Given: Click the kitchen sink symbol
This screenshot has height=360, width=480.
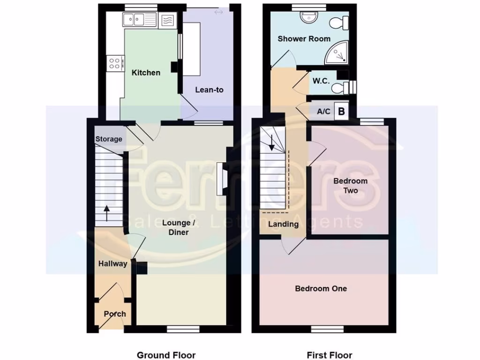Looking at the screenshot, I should pyautogui.click(x=139, y=20).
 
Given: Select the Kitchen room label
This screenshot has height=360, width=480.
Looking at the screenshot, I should pyautogui.click(x=146, y=73).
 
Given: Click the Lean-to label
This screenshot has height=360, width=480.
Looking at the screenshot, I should pyautogui.click(x=210, y=90).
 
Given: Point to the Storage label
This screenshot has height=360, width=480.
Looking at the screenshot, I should pyautogui.click(x=109, y=139).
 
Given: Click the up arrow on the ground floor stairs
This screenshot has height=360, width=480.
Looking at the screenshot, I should pyautogui.click(x=107, y=213).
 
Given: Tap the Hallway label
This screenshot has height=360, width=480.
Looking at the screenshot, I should pyautogui.click(x=112, y=264).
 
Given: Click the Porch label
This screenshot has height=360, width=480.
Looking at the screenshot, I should pyautogui.click(x=115, y=314).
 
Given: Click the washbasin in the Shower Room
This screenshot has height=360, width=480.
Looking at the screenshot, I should pyautogui.click(x=308, y=18).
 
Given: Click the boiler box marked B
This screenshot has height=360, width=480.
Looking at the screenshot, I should pyautogui.click(x=342, y=112).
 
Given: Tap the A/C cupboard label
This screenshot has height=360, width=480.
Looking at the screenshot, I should pyautogui.click(x=324, y=112).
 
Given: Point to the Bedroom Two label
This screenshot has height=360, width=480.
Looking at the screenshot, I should pyautogui.click(x=350, y=186).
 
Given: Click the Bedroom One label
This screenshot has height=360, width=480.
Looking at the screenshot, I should pyautogui.click(x=321, y=288).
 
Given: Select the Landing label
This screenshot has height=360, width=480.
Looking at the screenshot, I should pyautogui.click(x=283, y=224).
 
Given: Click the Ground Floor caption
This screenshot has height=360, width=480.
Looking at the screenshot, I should pyautogui.click(x=166, y=355).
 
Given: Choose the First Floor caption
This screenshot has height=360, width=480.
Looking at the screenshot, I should pyautogui.click(x=329, y=355).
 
